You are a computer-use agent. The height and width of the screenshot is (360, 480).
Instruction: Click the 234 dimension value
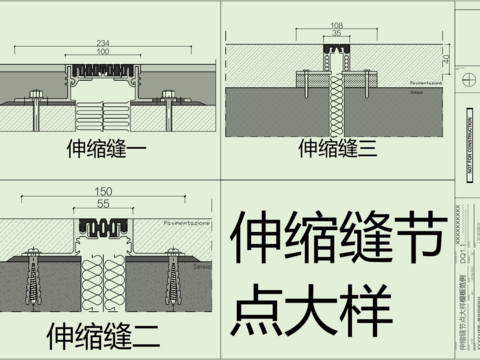tap(103, 43)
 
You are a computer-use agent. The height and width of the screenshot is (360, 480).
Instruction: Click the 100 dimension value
tap(103, 53)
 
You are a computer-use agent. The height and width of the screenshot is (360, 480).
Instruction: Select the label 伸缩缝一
tap(106, 151)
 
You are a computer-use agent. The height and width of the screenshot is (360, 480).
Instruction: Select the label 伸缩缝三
tap(337, 150)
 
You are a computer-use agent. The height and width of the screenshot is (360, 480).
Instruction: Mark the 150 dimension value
tap(102, 191)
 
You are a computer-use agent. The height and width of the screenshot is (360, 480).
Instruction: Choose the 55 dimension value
tap(102, 203)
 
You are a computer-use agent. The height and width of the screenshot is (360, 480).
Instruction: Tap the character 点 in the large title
tap(263, 312)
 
